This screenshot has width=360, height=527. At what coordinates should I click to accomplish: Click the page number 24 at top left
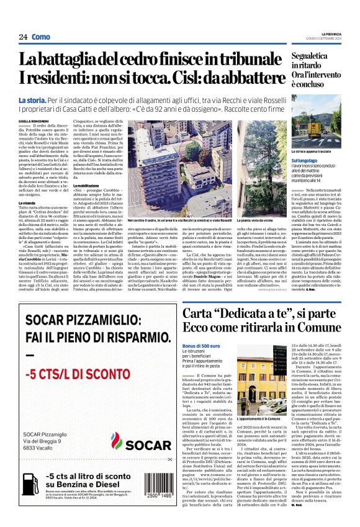tap(23, 37)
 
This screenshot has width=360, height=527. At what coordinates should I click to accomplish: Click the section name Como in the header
tap(41, 37)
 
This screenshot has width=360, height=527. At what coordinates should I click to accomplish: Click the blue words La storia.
tap(32, 100)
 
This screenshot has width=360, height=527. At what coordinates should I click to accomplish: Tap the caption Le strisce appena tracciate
tap(311, 151)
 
